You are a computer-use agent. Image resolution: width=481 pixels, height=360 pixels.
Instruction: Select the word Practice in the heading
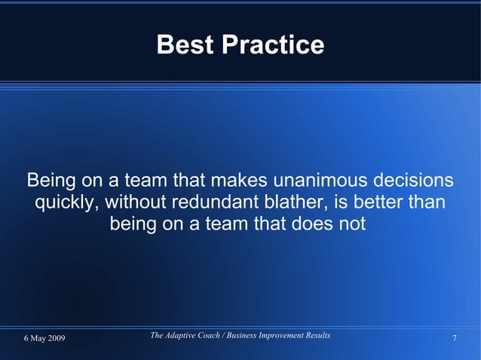click(x=272, y=45)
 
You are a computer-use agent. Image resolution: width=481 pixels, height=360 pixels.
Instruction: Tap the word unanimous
click(x=323, y=182)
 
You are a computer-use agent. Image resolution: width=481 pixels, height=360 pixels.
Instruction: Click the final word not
click(x=352, y=224)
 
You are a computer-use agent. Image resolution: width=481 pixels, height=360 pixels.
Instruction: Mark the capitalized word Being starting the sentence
click(x=51, y=182)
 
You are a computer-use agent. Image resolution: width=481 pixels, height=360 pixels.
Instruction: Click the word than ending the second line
click(x=428, y=203)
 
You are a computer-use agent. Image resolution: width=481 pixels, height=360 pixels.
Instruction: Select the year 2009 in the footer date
click(x=54, y=338)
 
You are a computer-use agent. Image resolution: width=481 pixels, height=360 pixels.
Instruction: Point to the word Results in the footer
click(x=317, y=334)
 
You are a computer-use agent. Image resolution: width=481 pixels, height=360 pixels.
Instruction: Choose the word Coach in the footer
click(x=217, y=334)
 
